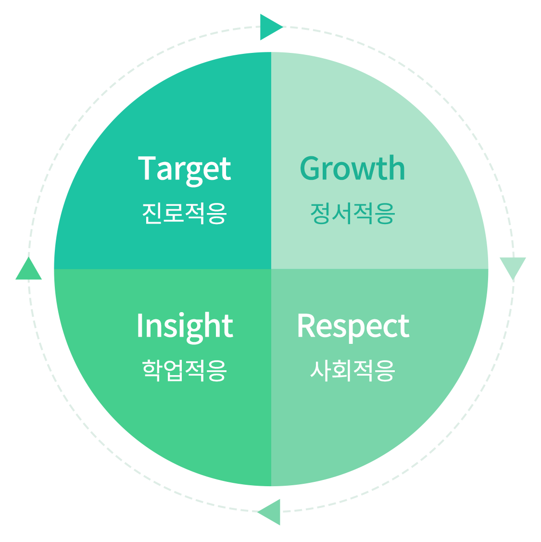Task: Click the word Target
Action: (185, 169)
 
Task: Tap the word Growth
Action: (352, 169)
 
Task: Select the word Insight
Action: (185, 327)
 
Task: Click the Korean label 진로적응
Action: (184, 213)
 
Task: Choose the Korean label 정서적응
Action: (352, 214)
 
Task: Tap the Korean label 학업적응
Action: (184, 370)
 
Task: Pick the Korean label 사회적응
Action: (352, 370)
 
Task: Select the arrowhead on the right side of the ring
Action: (513, 266)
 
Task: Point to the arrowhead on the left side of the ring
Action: (29, 270)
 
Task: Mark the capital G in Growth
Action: (311, 169)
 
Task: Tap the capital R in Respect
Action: (306, 326)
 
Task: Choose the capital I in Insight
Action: (139, 326)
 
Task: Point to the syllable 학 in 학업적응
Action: (152, 370)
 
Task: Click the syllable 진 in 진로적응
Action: (152, 213)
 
